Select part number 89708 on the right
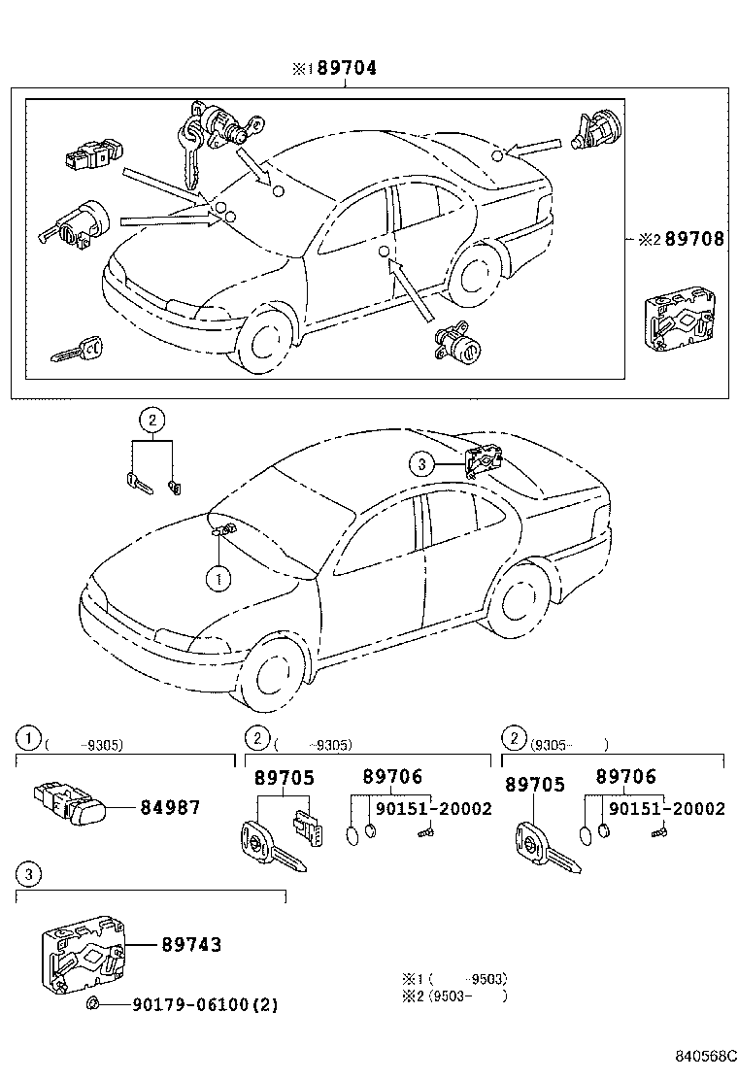click(691, 239)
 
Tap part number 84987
click(170, 807)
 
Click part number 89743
click(190, 944)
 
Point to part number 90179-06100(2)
click(205, 1005)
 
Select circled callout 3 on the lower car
click(421, 465)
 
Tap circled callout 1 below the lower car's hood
click(218, 579)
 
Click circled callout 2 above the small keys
click(151, 420)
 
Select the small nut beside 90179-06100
click(93, 1003)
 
